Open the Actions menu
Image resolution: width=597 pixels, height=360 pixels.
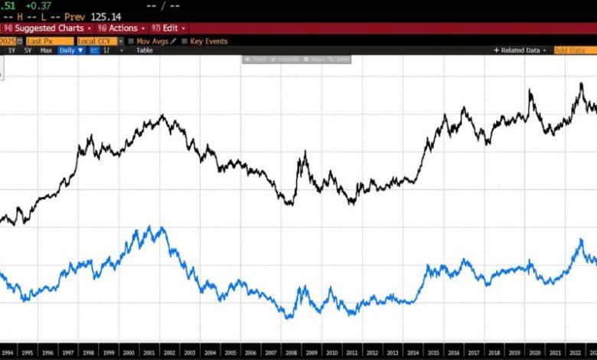click(122, 28)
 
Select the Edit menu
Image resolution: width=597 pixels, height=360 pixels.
click(168, 28)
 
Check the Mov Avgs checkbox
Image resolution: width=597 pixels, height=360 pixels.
click(131, 41)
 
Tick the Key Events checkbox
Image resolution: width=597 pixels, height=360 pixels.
click(184, 41)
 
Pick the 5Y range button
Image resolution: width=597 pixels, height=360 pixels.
click(28, 50)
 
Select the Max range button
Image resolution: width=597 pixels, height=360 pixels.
click(46, 50)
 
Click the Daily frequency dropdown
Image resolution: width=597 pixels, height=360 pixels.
click(71, 50)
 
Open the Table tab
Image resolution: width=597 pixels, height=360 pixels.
click(145, 50)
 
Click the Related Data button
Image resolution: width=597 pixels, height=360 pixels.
click(520, 50)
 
